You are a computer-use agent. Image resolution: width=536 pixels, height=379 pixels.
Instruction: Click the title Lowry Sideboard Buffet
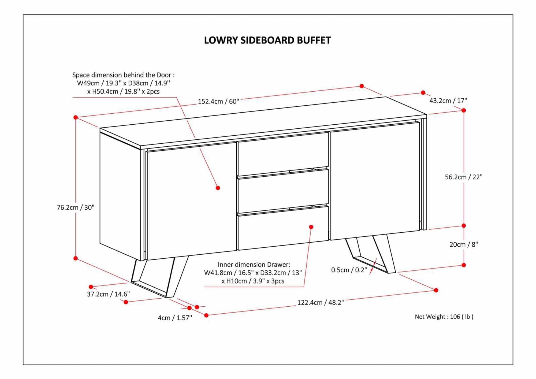(x=267, y=40)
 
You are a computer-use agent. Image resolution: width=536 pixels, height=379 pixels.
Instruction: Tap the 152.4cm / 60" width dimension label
(x=218, y=102)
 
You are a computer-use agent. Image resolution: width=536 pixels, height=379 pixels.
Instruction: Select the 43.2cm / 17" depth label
(x=448, y=101)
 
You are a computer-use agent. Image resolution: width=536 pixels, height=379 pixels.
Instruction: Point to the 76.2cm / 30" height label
(x=76, y=207)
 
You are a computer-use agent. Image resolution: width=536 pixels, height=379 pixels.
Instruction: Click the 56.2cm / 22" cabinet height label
(x=463, y=177)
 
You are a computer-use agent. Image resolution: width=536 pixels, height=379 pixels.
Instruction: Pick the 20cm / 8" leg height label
(x=463, y=244)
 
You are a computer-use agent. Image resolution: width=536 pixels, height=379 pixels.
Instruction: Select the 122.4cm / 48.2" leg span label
(x=321, y=303)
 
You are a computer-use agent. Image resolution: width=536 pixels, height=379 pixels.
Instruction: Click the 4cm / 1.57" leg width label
(x=175, y=318)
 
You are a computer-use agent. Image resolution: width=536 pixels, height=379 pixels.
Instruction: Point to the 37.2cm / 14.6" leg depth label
(x=108, y=294)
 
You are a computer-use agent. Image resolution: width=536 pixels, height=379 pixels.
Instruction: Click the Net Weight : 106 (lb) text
(x=444, y=317)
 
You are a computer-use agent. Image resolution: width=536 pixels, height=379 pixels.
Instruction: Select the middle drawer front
(x=283, y=191)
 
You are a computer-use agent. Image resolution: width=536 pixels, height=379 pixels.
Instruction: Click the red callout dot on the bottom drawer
(x=311, y=227)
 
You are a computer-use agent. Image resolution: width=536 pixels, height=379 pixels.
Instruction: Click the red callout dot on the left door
(x=218, y=188)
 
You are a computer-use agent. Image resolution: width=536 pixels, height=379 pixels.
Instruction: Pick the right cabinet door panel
(x=375, y=182)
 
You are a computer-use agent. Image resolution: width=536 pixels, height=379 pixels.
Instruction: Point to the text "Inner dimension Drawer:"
(x=254, y=265)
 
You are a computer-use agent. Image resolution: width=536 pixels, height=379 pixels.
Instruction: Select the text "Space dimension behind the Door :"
(x=124, y=75)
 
